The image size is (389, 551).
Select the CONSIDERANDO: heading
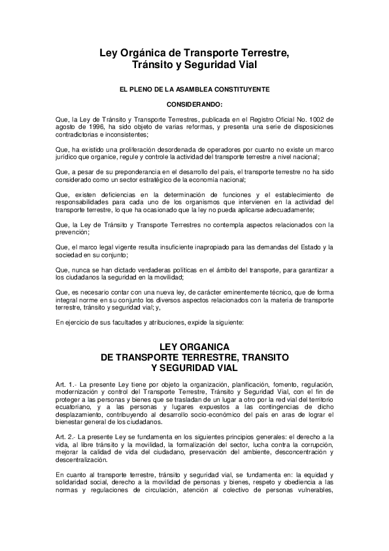[x=194, y=103]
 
